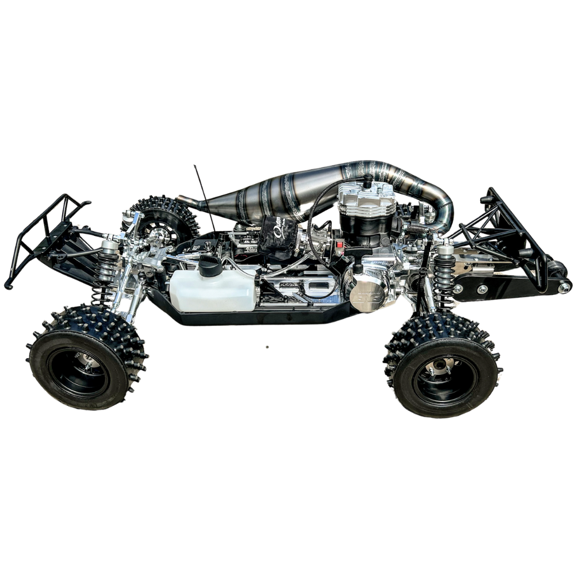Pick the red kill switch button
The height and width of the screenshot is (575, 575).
tap(341, 246)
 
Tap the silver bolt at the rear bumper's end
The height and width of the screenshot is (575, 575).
tap(564, 286)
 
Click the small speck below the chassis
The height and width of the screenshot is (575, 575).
tap(266, 347)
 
